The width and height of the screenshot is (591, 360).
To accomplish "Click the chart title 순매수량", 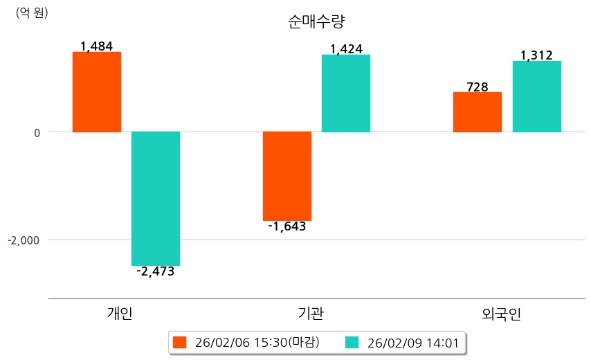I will (316, 21).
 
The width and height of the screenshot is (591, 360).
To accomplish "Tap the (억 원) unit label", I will (32, 12).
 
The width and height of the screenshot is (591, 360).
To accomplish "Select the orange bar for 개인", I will (97, 91).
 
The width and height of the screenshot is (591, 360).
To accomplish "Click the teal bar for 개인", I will (156, 198).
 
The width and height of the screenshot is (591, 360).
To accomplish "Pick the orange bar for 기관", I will (287, 176).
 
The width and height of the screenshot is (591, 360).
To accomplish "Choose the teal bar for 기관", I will (346, 93).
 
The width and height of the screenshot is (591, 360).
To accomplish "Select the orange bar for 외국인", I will (478, 111).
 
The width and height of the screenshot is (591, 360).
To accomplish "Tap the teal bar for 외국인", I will (537, 96).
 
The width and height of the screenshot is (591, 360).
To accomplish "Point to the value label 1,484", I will (96, 46).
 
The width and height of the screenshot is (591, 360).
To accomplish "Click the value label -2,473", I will (156, 271).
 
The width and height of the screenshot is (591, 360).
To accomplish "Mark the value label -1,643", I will (287, 226).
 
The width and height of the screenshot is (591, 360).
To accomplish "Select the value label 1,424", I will (346, 49).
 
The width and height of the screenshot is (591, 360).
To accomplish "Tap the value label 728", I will (478, 87).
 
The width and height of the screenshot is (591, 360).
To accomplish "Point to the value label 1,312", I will (536, 55).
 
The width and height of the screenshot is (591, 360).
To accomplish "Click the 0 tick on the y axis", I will (37, 132).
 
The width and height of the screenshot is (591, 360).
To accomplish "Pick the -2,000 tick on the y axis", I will (24, 240).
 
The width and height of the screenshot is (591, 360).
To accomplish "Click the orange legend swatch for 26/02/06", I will (180, 342).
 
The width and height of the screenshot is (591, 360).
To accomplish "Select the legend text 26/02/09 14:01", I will (412, 342).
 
